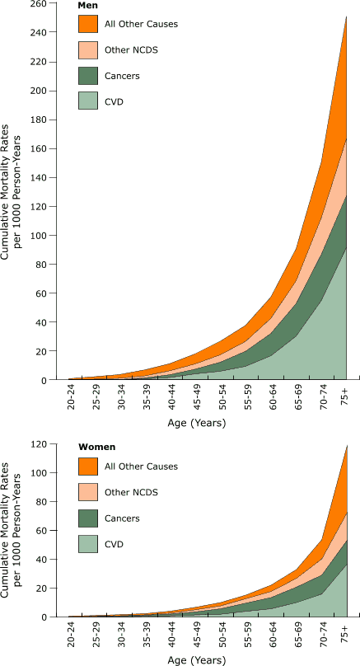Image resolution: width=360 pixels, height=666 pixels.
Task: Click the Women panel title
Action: coord(96,447)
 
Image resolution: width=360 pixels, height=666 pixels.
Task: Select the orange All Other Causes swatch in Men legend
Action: coord(89,24)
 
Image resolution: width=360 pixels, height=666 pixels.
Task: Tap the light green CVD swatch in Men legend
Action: coord(89,101)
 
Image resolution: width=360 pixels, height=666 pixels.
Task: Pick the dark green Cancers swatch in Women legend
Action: coord(89,517)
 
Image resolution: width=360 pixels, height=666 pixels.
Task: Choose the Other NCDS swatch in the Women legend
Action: coord(89,491)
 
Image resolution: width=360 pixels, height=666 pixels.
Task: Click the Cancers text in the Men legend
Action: coord(123,75)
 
